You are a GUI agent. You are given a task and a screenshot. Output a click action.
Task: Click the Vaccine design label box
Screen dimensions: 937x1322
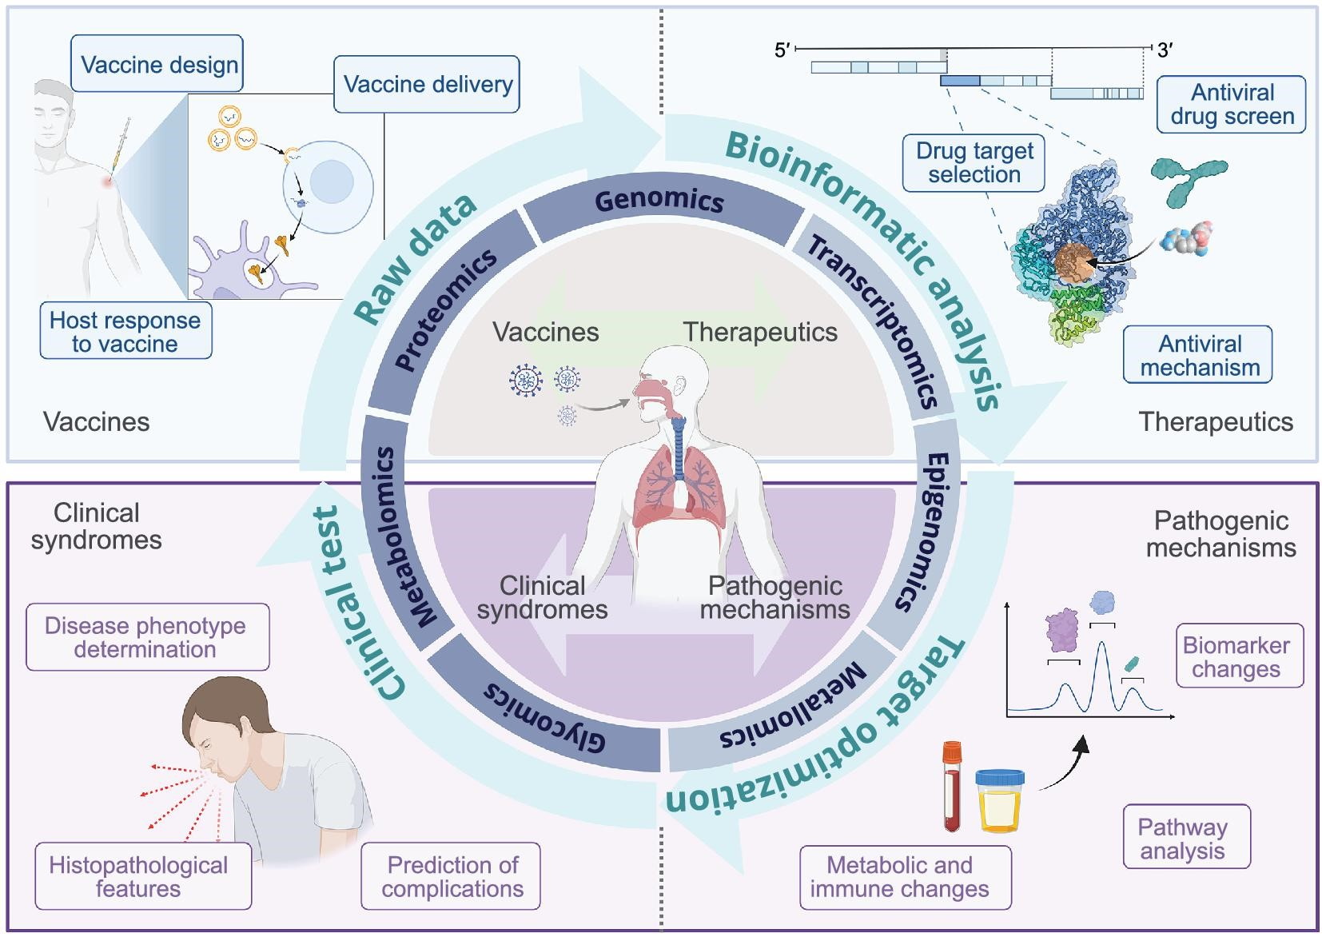click(157, 64)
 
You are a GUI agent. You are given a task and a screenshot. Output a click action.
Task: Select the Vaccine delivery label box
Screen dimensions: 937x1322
click(427, 84)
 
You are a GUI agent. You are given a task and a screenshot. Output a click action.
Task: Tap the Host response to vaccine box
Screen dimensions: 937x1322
click(125, 331)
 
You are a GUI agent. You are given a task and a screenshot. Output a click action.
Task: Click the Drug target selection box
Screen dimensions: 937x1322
click(974, 163)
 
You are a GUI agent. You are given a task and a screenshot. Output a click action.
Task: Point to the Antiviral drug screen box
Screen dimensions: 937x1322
click(1231, 104)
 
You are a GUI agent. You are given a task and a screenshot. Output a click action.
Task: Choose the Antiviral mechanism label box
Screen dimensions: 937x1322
click(1197, 355)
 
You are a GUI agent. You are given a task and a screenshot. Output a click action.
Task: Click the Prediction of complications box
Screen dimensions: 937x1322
click(451, 876)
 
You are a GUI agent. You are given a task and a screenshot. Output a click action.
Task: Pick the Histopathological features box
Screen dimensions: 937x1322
click(141, 876)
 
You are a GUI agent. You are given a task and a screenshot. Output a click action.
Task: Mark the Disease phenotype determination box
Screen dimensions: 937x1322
click(146, 637)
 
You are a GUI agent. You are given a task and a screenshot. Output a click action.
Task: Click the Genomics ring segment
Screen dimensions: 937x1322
click(659, 200)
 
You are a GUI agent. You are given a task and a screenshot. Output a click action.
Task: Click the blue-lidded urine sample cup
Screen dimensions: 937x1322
click(999, 799)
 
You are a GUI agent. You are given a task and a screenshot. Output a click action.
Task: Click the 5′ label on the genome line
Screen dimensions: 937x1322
click(782, 50)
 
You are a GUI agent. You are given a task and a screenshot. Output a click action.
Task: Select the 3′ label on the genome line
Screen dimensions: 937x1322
click(1165, 50)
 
